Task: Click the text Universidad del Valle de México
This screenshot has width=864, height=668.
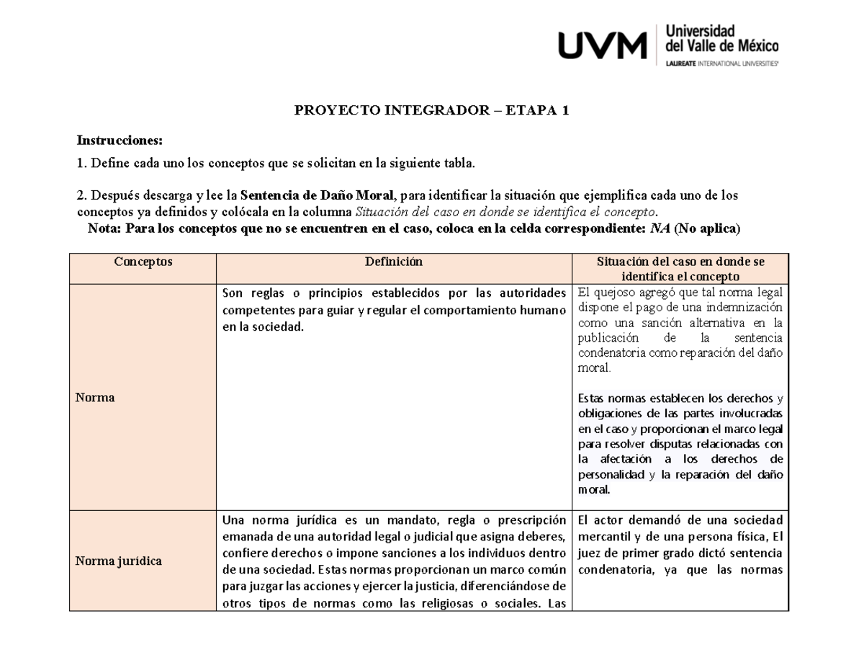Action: tap(721, 39)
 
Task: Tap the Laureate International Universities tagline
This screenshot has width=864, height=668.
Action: tap(721, 63)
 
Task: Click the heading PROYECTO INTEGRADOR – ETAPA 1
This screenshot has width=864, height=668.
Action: tap(432, 110)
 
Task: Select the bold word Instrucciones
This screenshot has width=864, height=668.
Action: tap(120, 139)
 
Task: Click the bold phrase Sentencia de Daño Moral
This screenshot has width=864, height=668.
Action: tap(318, 195)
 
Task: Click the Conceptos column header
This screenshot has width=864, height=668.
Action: tap(143, 262)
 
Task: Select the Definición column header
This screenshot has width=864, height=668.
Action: tap(393, 262)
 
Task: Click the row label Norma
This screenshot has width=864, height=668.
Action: tap(95, 397)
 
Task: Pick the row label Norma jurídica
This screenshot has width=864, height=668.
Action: tap(118, 561)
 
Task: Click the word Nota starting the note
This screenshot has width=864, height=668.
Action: tap(104, 228)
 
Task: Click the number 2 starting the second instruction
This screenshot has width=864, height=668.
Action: tap(81, 195)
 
